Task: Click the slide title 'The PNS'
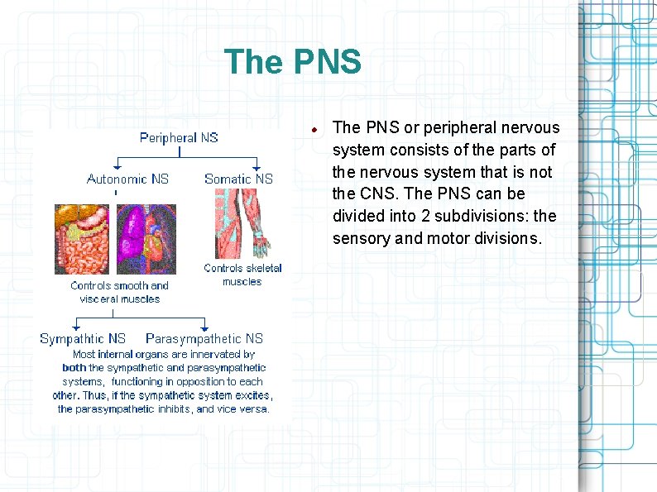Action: [x=292, y=62]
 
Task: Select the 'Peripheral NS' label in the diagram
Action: [x=179, y=137]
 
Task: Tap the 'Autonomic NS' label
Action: [x=127, y=179]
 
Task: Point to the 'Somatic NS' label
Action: [x=238, y=179]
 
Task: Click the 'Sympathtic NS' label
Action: [x=83, y=338]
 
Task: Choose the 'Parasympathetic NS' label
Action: [x=204, y=338]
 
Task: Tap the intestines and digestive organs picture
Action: [x=83, y=240]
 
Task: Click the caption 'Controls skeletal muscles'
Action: [x=242, y=275]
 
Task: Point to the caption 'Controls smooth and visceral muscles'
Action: [x=119, y=292]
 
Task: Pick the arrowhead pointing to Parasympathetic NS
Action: [x=204, y=327]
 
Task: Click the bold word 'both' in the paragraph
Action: [x=74, y=367]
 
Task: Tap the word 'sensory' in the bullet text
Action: [x=360, y=238]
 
